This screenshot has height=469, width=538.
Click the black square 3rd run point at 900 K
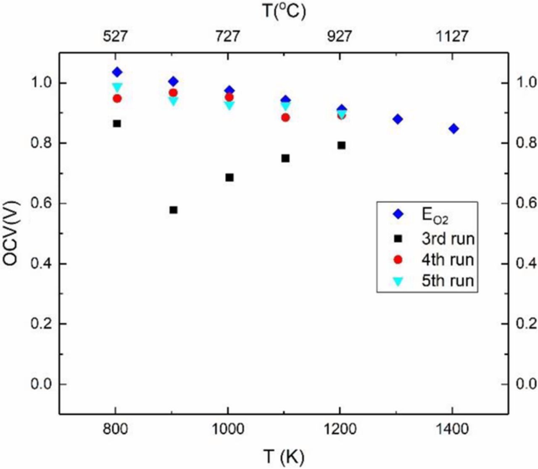173,210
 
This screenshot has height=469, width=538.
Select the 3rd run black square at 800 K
117,123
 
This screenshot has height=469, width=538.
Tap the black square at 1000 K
229,177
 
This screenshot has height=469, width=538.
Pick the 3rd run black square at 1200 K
341,145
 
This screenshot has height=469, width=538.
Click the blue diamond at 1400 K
454,128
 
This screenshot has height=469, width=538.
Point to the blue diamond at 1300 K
398,119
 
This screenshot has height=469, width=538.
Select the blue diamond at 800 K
117,72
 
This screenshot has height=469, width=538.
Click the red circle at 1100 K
285,117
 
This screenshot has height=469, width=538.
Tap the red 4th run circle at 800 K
117,99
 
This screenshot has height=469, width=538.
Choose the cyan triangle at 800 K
117,87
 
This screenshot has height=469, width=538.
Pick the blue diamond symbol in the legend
398,214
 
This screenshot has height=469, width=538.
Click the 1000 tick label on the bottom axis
227,429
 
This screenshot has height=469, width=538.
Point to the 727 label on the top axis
227,37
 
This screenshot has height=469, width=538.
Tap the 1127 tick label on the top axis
452,37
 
